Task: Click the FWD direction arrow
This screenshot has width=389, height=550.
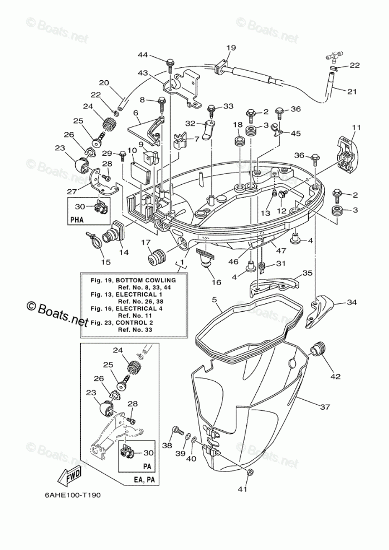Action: (68, 475)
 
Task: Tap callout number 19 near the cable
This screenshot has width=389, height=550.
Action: (231, 48)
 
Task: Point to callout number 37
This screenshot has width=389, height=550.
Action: (324, 406)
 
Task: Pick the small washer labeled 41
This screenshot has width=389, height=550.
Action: (249, 473)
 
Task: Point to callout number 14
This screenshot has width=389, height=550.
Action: (123, 252)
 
